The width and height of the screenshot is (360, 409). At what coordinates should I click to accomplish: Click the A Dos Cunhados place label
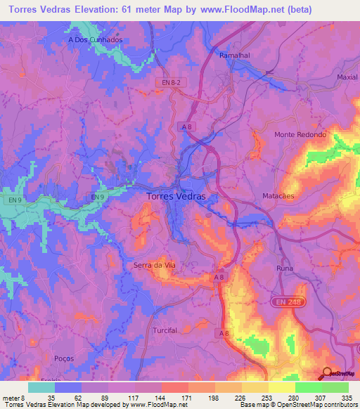tap(96, 40)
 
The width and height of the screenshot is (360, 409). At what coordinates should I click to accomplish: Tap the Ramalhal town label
tap(234, 54)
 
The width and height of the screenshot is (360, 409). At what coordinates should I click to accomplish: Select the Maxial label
tap(347, 77)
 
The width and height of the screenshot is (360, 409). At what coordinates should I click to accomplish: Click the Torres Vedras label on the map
tap(176, 197)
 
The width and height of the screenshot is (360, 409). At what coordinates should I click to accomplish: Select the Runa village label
tap(285, 268)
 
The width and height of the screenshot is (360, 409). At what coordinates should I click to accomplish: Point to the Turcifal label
tap(166, 330)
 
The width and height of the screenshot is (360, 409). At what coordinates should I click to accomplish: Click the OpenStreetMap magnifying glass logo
tap(327, 372)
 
